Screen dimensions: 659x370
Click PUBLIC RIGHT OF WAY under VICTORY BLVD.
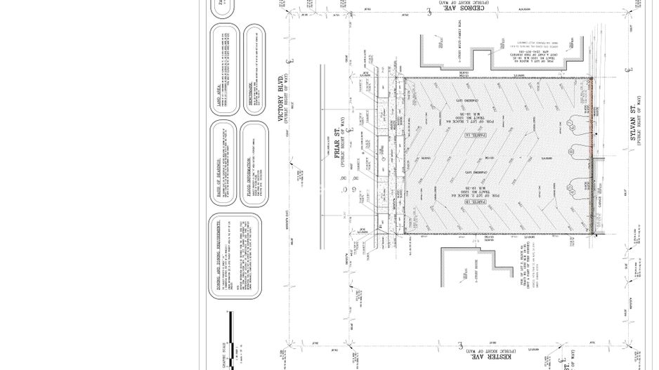pyautogui.click(x=295, y=99)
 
